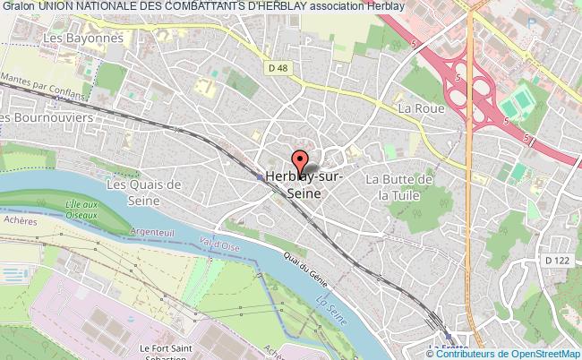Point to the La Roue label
(416, 108)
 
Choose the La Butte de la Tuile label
(400, 186)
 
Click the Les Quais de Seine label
(144, 193)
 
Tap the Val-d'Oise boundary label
(219, 244)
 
